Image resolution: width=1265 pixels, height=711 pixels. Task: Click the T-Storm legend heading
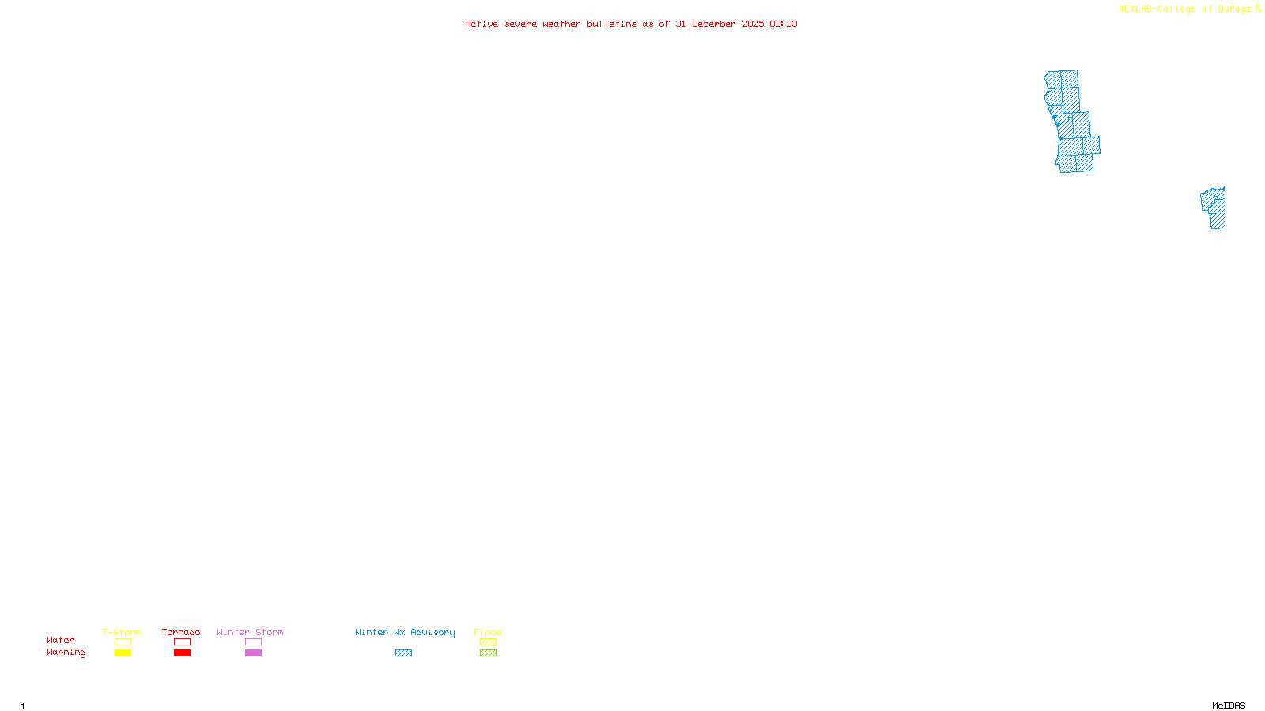click(x=122, y=632)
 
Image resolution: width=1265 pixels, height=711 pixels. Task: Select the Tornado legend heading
click(x=181, y=632)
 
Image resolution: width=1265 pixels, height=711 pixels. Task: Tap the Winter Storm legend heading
click(x=250, y=632)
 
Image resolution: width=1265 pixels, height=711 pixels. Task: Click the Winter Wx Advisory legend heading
click(x=405, y=632)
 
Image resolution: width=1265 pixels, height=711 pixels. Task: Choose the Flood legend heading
click(x=488, y=632)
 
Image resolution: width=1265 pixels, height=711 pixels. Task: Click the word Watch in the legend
click(x=61, y=640)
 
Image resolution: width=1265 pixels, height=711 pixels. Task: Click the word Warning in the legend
click(x=66, y=653)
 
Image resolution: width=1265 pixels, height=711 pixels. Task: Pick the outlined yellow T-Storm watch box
click(x=123, y=642)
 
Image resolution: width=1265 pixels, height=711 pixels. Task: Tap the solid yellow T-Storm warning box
click(x=123, y=653)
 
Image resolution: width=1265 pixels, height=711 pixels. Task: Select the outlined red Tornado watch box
click(x=182, y=642)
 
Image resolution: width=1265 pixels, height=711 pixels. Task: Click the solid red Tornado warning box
click(x=182, y=653)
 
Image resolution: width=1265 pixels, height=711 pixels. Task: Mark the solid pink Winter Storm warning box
click(x=253, y=653)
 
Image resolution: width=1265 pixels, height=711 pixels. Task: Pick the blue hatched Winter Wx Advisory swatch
click(x=403, y=653)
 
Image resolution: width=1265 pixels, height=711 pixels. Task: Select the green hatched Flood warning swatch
click(x=488, y=653)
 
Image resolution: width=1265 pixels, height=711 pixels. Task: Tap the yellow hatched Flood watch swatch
click(x=488, y=642)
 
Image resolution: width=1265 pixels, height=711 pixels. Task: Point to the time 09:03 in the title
click(x=784, y=24)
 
